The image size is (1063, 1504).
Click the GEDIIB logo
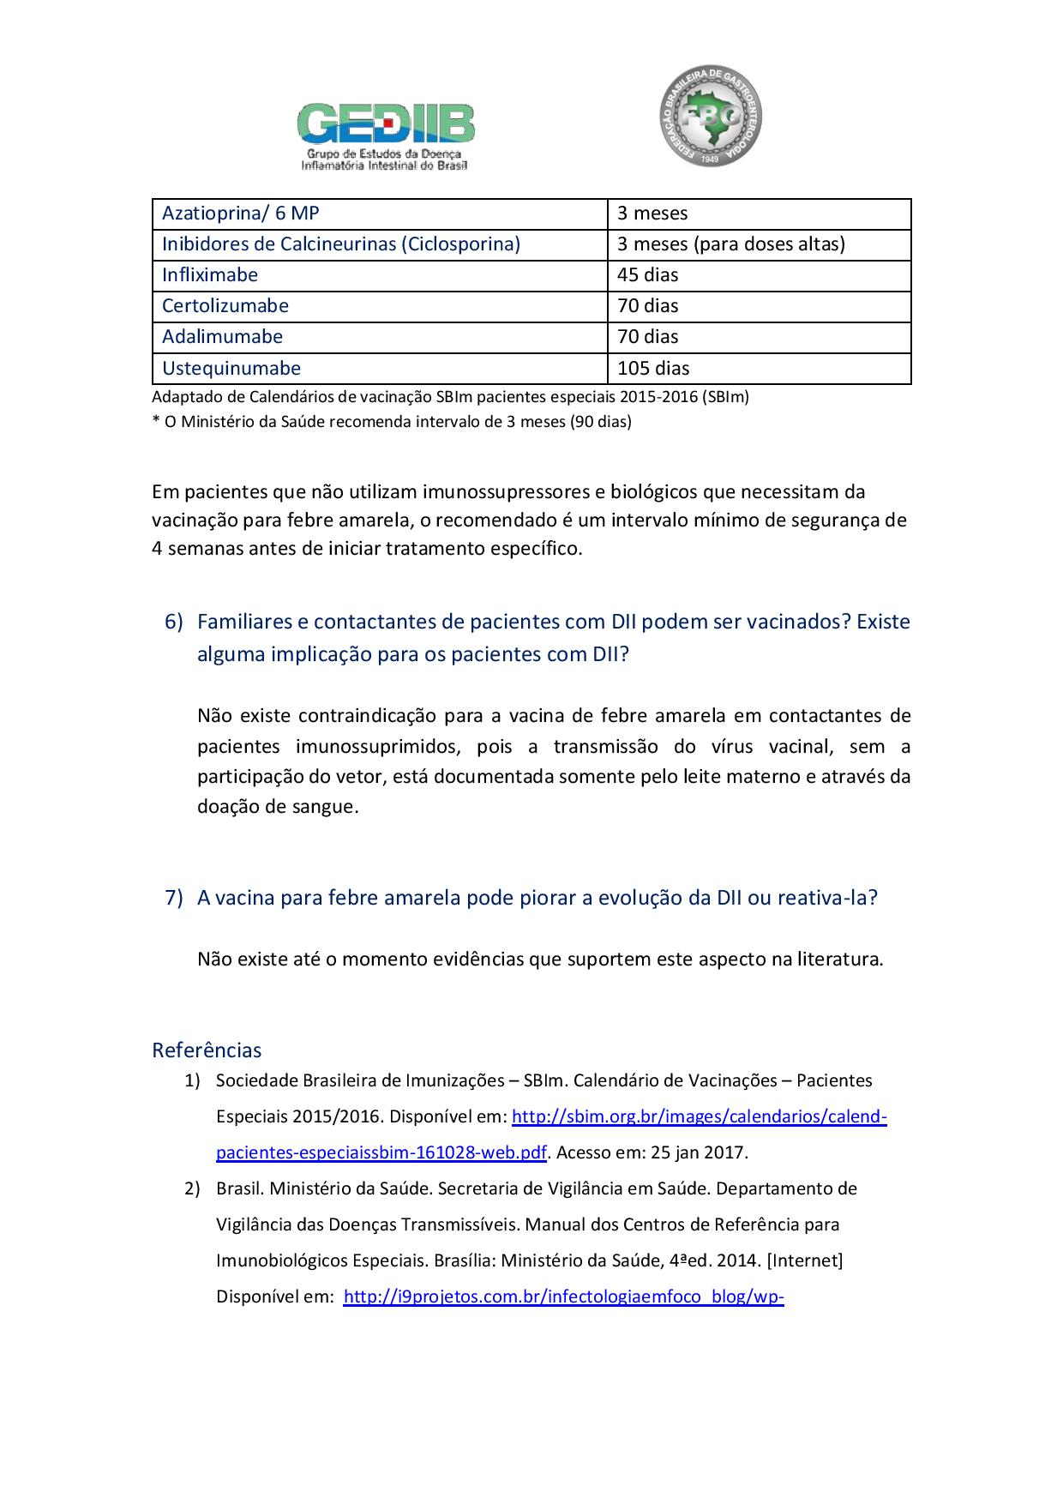click(x=386, y=135)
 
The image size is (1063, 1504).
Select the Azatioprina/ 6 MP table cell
click(x=241, y=214)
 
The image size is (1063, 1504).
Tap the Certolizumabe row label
click(x=225, y=306)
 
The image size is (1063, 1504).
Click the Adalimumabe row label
click(x=223, y=337)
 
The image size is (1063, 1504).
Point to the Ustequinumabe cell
click(x=231, y=369)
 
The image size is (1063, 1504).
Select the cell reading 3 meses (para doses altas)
click(x=731, y=244)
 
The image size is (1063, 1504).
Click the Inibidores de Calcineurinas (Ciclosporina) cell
click(x=341, y=244)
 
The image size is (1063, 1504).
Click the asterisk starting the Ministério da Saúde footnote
click(x=156, y=421)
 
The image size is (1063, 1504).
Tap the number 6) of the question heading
click(x=173, y=622)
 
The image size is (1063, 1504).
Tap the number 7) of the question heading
click(x=173, y=898)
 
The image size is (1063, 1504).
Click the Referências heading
click(x=207, y=1050)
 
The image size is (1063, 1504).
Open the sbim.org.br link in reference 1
click(x=699, y=1116)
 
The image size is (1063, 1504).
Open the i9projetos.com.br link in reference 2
click(x=564, y=1296)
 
